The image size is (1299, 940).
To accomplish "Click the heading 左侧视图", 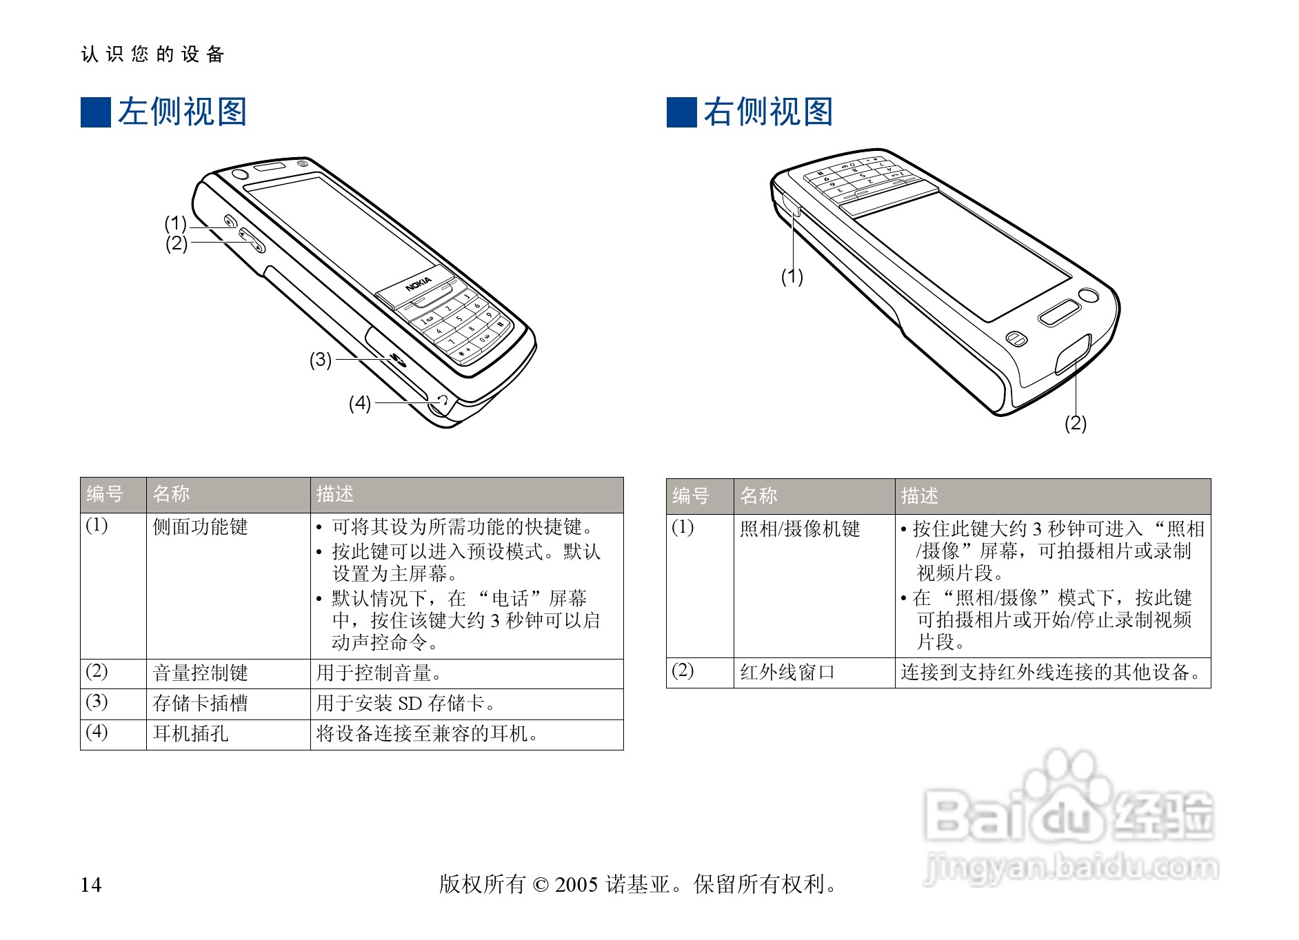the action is [x=182, y=112].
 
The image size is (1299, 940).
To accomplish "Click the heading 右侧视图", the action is [x=768, y=112].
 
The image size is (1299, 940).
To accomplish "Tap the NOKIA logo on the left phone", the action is [x=418, y=283].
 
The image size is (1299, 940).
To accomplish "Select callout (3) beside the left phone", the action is [x=320, y=360].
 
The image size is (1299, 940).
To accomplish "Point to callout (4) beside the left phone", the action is [x=359, y=403].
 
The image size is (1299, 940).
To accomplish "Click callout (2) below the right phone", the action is [x=1075, y=423].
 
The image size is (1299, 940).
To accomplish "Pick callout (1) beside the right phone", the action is [x=792, y=277].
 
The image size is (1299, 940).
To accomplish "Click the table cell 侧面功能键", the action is [x=200, y=527].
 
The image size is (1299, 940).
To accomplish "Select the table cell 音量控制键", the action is [x=200, y=673].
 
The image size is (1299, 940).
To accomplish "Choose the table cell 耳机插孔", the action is [x=190, y=733].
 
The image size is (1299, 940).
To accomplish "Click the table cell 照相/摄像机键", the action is [x=800, y=529].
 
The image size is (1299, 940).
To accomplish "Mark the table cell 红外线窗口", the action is [x=787, y=672].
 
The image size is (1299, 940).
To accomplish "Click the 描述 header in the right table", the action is [x=919, y=496].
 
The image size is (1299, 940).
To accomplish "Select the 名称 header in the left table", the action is [x=171, y=494].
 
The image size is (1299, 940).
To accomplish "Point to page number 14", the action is [x=91, y=885].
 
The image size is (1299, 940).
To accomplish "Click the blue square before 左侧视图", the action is [x=96, y=112].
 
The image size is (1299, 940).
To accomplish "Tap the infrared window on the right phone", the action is [x=1073, y=354].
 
